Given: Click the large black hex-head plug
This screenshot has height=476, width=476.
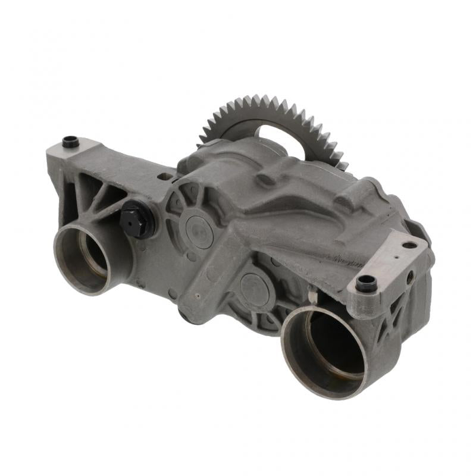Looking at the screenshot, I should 136,218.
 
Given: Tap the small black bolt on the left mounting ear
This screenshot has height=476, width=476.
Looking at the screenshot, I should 70,142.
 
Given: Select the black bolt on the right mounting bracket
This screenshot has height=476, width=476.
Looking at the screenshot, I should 366,283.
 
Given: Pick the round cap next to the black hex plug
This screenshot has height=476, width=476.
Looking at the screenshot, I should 199,231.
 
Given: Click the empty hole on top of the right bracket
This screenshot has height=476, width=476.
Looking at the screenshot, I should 409,245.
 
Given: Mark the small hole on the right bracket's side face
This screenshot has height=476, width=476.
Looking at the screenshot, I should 411,275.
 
